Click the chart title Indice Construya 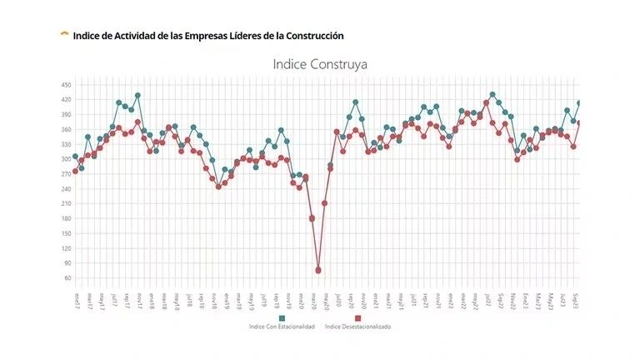320,63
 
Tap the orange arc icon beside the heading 64,34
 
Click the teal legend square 282,318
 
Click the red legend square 357,318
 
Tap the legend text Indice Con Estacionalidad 282,327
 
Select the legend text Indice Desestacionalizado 357,327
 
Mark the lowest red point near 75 318,271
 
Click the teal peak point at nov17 137,95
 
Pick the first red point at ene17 75,171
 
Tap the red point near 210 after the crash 325,203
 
